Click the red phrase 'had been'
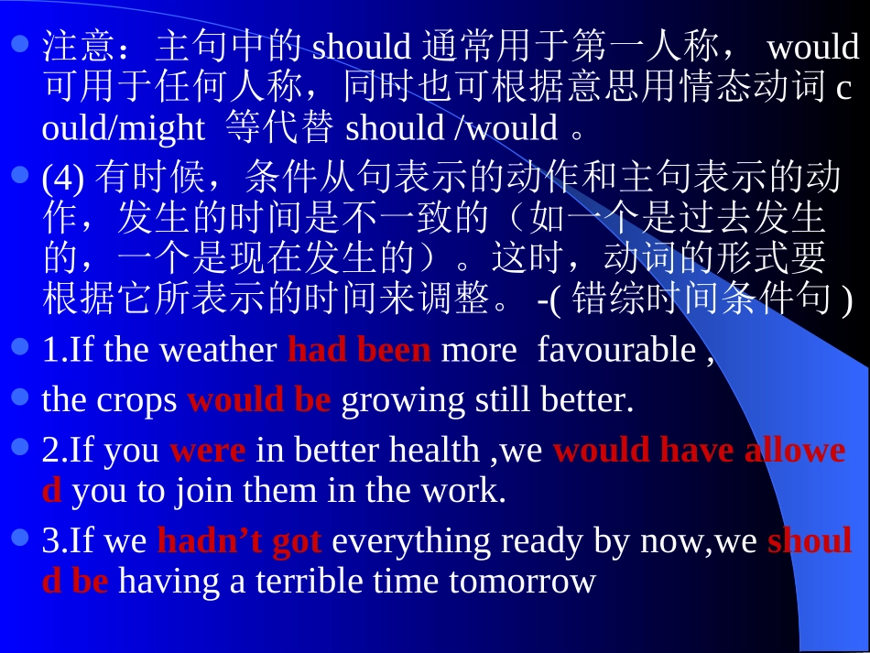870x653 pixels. pos(358,351)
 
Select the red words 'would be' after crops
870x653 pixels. pos(258,400)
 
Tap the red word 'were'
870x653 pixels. pos(208,451)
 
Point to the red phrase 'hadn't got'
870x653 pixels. pos(239,541)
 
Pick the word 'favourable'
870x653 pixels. pos(616,351)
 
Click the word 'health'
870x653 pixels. pos(434,451)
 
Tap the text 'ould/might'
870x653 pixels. pos(123,128)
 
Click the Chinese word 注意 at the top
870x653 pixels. pos(78,46)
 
